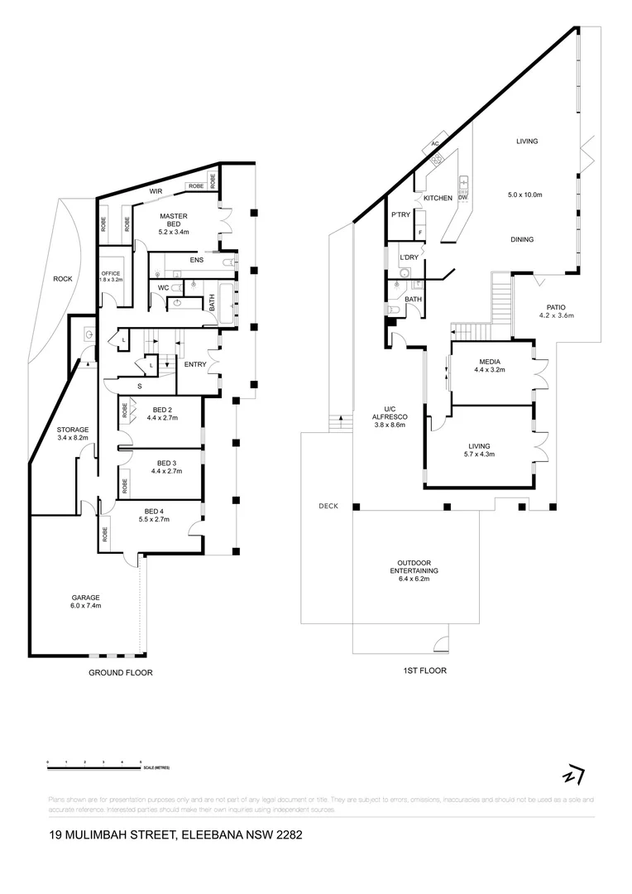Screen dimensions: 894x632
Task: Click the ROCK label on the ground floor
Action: point(62,279)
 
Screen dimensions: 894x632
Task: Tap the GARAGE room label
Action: point(85,598)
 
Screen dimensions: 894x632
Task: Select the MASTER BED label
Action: point(174,219)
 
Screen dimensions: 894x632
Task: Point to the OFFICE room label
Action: point(111,273)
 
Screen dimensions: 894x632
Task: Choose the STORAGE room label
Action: point(72,430)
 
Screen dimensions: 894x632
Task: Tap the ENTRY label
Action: point(195,364)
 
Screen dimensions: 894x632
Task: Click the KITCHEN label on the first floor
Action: point(438,199)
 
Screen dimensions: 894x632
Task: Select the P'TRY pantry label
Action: point(400,215)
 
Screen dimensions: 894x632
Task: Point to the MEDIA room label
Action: point(490,362)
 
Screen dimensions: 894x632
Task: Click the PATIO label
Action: point(556,306)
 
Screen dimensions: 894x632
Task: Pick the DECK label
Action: point(329,505)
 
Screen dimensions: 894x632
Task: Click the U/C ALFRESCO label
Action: point(385,419)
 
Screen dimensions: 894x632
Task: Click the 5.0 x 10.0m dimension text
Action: point(524,195)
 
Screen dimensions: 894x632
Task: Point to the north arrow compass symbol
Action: point(571,776)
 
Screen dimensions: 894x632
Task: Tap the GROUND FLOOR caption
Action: point(121,673)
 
